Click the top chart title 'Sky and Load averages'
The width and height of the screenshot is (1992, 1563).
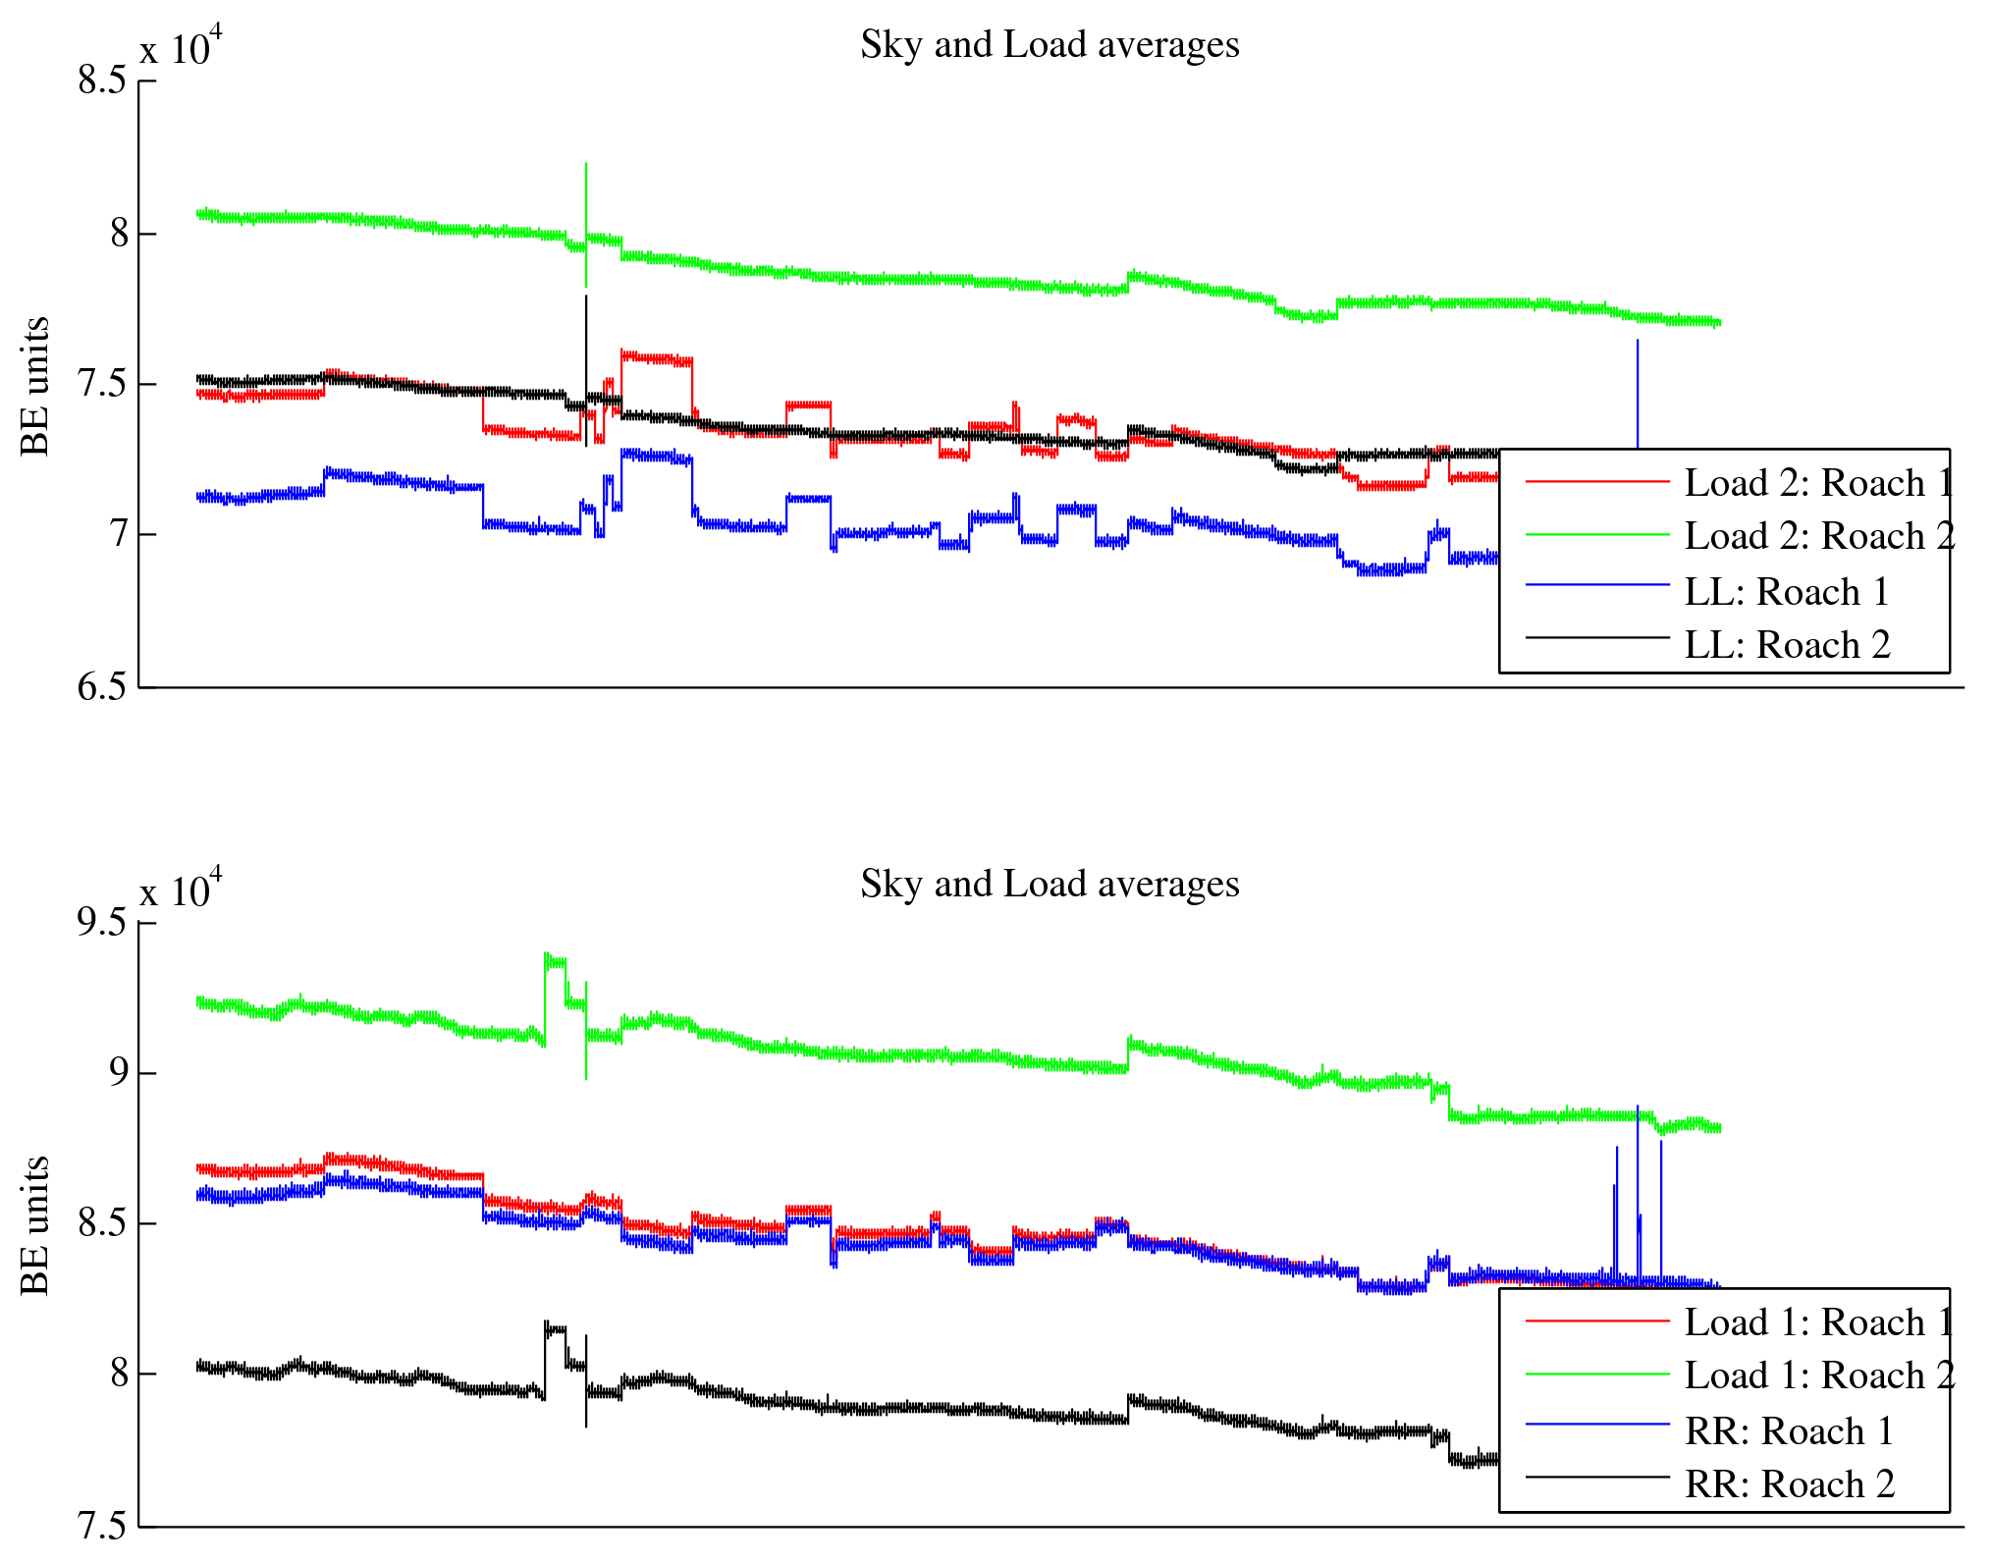1050,45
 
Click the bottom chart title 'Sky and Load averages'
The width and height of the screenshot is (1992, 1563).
1050,885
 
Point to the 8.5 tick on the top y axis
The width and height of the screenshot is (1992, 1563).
102,81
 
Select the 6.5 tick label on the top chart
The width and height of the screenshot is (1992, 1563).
102,686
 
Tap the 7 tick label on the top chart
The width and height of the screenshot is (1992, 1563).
118,535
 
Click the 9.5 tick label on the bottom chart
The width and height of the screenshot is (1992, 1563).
102,923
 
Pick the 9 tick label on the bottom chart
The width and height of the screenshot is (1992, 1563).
118,1072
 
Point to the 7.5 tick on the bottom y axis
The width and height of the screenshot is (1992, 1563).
102,1526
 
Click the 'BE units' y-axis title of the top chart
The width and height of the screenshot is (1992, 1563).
35,386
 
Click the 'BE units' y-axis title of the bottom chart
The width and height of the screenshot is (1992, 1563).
35,1225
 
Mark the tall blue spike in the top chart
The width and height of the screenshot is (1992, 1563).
1637,393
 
